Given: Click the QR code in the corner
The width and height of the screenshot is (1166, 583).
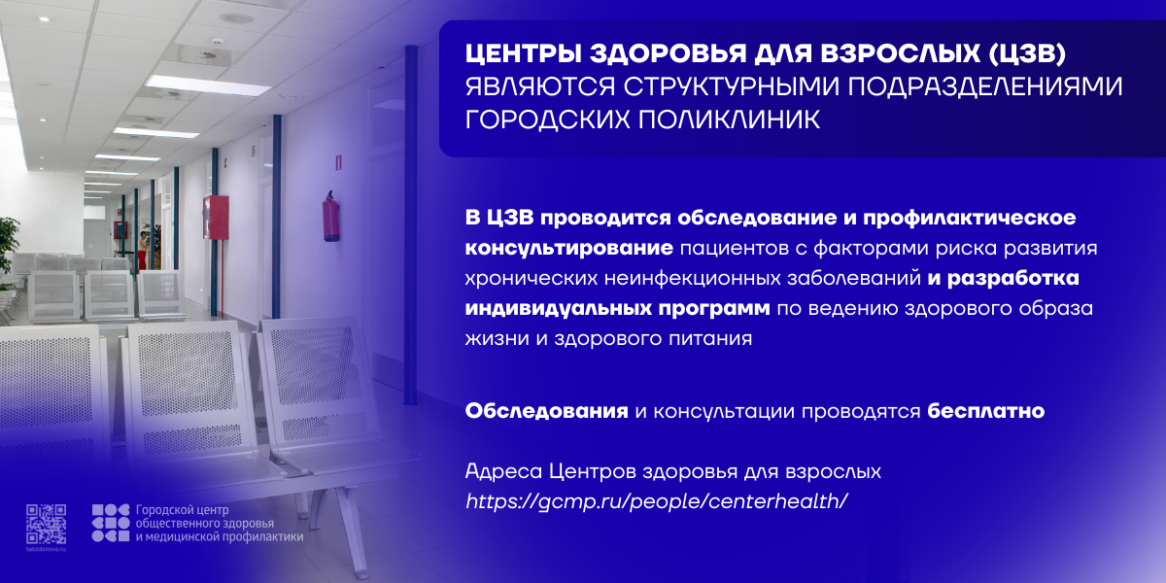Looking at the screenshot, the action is (x=47, y=524).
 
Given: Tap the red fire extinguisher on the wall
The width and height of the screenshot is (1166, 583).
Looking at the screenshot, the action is (x=330, y=217).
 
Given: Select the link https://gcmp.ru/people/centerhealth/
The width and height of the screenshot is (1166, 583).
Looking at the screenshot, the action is (x=657, y=501).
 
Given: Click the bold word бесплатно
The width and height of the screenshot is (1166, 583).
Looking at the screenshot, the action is (x=986, y=411).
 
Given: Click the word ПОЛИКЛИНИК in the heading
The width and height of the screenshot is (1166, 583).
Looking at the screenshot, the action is (x=642, y=120).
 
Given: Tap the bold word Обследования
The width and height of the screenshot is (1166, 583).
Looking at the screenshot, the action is (x=546, y=411).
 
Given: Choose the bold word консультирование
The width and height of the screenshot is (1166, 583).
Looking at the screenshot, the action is (x=569, y=249).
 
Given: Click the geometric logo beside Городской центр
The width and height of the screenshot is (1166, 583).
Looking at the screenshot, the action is (x=111, y=523).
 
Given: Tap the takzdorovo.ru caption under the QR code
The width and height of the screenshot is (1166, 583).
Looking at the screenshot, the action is (x=47, y=549).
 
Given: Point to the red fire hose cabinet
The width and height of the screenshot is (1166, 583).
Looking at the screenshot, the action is (x=216, y=217).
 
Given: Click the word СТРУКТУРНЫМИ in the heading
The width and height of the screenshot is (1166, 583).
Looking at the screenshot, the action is (x=732, y=86).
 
